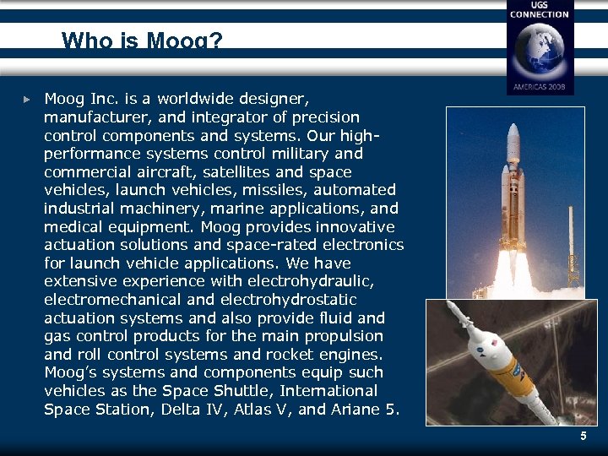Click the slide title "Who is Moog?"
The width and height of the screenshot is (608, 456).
142,40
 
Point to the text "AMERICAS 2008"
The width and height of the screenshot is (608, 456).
539,86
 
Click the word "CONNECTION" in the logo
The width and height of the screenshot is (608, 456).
539,14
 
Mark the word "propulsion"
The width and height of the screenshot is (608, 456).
341,336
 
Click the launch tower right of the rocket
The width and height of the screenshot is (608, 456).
573,245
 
